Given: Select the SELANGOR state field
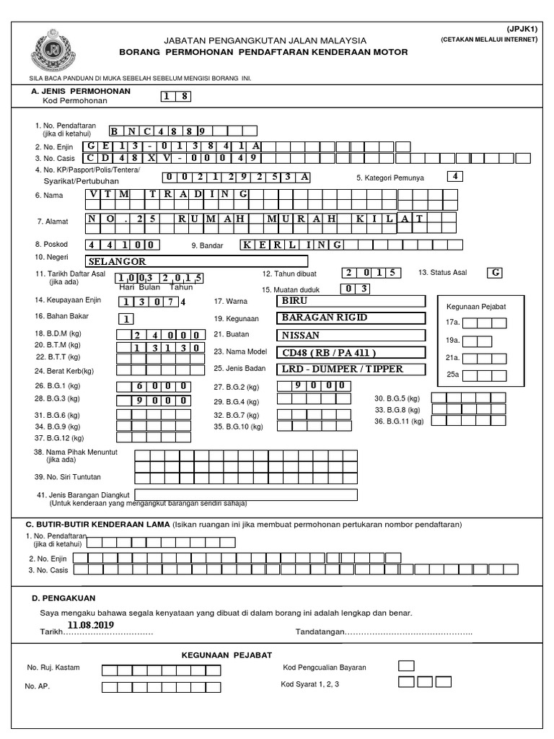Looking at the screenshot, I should coord(195,261).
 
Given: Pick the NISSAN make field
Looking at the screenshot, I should coord(351,335).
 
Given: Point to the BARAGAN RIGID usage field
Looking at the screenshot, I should coord(351,318).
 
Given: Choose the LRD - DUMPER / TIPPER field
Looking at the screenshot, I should coord(351,369).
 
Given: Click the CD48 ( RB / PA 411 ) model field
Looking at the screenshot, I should coord(351,352).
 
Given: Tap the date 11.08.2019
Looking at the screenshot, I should coord(91,624).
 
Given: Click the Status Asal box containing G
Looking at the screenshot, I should coord(495,273).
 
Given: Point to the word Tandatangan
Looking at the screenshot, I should coord(320,634).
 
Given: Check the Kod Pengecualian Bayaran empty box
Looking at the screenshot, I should coord(406,666).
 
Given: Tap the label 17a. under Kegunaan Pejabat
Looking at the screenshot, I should coord(453,323).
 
